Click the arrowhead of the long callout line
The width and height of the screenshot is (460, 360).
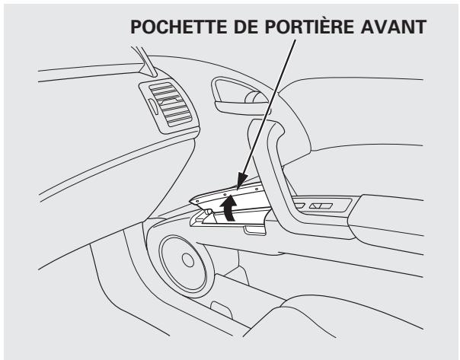[238, 186]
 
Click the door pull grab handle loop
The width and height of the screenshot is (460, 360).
[274, 145]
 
